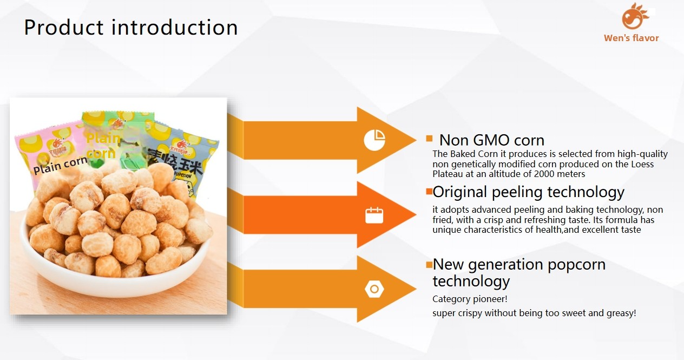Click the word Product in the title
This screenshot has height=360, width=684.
coord(64,28)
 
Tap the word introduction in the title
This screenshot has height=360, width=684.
coord(175,27)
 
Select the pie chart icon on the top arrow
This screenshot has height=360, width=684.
coord(374,140)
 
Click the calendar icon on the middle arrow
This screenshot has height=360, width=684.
coord(374,215)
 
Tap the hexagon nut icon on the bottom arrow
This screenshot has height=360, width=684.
coord(374,289)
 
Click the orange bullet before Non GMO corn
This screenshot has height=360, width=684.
coord(429,139)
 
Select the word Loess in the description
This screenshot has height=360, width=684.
coord(642,164)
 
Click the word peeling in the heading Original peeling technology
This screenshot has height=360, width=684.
coord(516,193)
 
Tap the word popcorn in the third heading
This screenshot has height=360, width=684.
coord(576,265)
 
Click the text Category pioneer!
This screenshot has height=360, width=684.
coord(470,299)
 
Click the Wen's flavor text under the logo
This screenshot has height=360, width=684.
coord(631,38)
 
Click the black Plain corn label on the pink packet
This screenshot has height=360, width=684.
coord(60,165)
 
